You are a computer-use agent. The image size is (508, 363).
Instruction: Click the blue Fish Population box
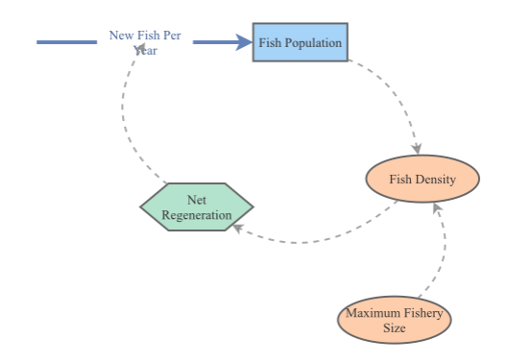click(300, 42)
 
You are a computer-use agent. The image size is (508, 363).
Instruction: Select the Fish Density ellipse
click(422, 180)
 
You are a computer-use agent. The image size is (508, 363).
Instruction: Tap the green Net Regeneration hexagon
click(197, 206)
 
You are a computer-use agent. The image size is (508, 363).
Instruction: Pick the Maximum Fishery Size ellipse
click(393, 320)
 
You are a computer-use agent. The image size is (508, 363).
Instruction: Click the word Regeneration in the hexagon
click(197, 215)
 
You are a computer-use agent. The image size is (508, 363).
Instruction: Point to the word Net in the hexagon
click(197, 200)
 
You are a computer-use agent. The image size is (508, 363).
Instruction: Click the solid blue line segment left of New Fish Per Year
click(66, 42)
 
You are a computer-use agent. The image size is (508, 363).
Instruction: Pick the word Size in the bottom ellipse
click(393, 327)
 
